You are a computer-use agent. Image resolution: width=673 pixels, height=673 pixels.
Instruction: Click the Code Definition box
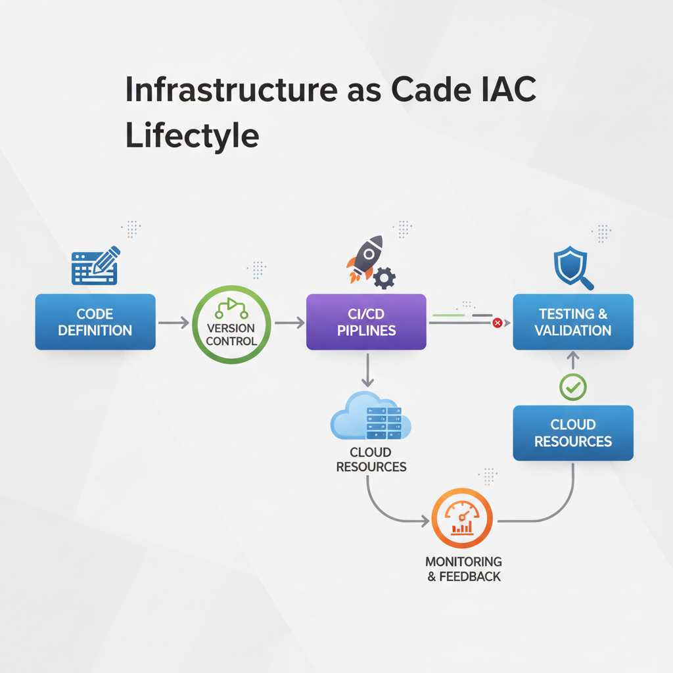click(x=95, y=321)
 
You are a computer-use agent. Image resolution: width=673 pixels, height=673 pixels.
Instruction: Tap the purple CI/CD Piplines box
click(x=366, y=321)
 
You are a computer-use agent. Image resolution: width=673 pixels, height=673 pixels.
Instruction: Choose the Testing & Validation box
click(x=572, y=321)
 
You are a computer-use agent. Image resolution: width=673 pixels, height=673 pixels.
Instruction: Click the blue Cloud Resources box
click(x=572, y=432)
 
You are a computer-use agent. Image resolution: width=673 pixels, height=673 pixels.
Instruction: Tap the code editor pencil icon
click(x=96, y=266)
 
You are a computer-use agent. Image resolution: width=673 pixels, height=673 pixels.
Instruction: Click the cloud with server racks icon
click(x=371, y=417)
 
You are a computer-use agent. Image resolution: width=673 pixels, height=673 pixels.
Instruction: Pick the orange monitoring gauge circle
click(x=461, y=519)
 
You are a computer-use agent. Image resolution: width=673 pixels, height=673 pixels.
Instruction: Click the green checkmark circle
click(x=572, y=387)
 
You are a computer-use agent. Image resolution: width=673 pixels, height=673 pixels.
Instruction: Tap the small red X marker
click(x=497, y=323)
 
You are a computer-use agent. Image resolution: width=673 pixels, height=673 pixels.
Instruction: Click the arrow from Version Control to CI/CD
click(x=289, y=322)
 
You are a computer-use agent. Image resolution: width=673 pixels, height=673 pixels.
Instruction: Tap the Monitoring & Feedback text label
click(x=463, y=569)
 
